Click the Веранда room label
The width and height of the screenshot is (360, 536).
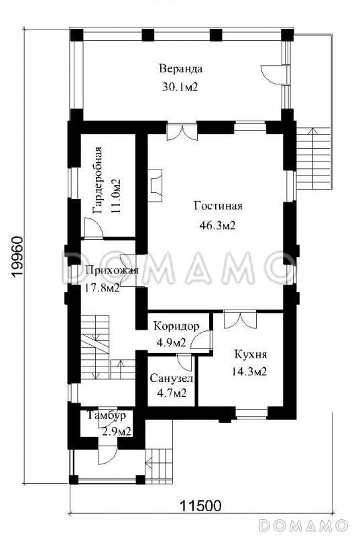[x=181, y=69]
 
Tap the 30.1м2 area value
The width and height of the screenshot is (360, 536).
[x=180, y=87]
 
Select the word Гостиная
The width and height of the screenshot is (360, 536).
[x=218, y=206]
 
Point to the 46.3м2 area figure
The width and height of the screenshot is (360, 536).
[x=217, y=225]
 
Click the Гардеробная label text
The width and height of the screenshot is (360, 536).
[x=98, y=180]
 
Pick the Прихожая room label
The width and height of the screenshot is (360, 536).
[x=112, y=270]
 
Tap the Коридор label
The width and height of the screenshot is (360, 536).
[x=176, y=326]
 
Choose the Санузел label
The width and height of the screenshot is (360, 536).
[x=172, y=379]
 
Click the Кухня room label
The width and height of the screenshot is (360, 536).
[x=251, y=354]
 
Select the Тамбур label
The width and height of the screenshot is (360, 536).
[x=107, y=415]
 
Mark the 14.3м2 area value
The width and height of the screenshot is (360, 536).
[x=249, y=371]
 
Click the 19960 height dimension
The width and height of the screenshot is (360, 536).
[x=17, y=257]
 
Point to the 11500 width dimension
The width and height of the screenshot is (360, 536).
[x=200, y=505]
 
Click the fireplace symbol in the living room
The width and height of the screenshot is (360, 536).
[x=155, y=186]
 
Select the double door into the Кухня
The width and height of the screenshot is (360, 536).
[x=241, y=319]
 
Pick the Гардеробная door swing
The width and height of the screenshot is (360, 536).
[x=93, y=228]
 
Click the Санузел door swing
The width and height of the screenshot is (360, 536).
[x=185, y=362]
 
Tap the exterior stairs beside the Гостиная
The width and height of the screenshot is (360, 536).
[x=314, y=158]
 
